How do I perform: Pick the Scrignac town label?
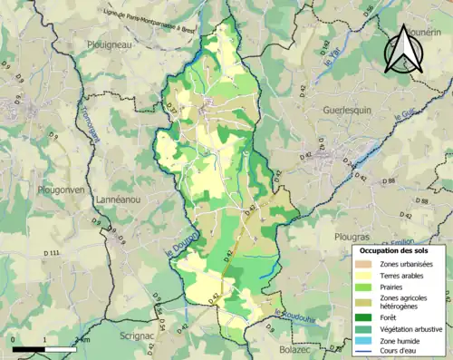pyautogui.click(x=140, y=335)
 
